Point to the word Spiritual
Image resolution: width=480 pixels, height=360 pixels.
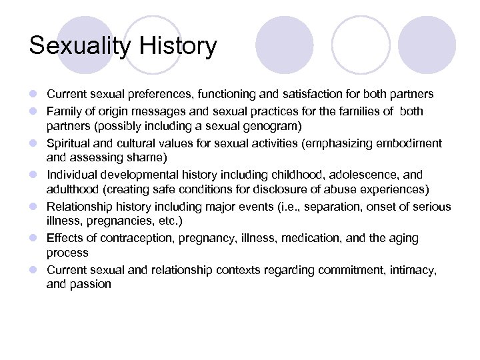(x=69, y=143)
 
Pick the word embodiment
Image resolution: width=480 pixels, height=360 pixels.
(x=408, y=143)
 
